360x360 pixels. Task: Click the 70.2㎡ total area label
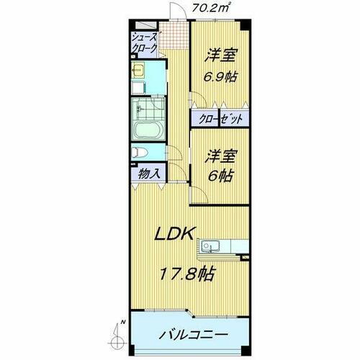[x=212, y=8]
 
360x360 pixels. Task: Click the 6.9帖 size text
[x=220, y=76]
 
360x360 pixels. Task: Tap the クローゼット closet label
[x=220, y=119]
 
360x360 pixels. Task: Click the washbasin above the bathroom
[x=139, y=71]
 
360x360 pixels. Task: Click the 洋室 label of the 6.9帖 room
[x=220, y=55]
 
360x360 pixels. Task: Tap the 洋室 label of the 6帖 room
[x=220, y=154]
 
